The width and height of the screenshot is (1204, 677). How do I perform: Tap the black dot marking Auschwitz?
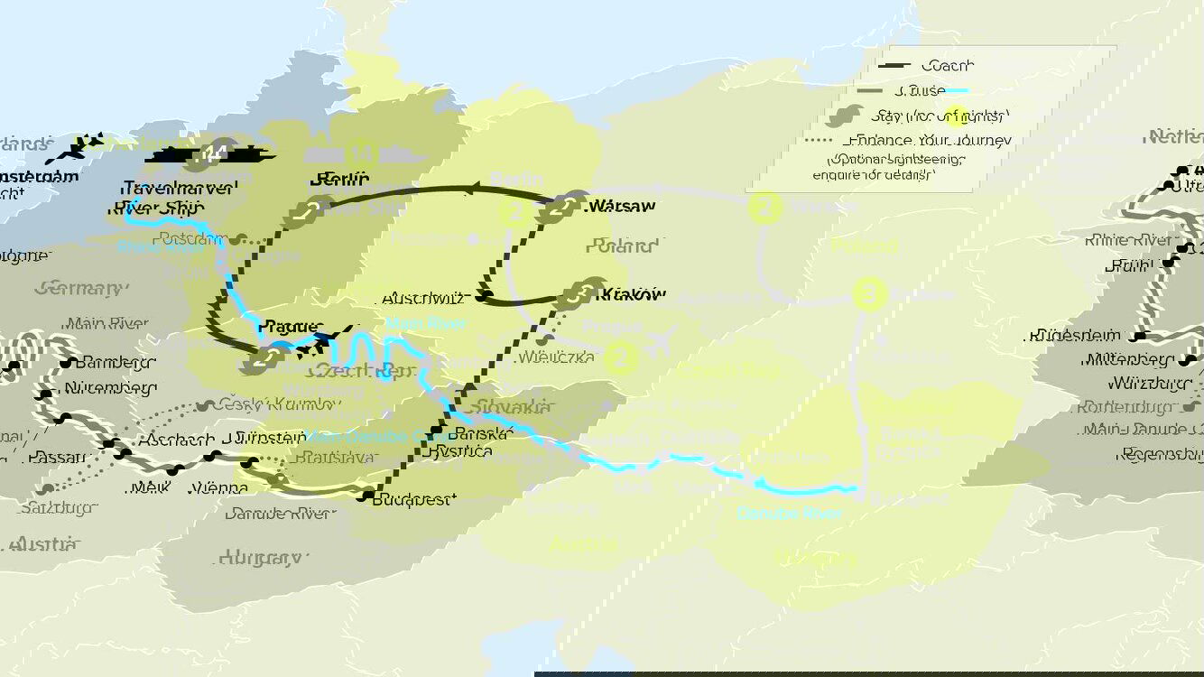pyautogui.click(x=486, y=296)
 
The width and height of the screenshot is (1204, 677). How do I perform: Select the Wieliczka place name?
pyautogui.click(x=556, y=357)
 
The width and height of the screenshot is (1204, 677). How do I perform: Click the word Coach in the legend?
pyautogui.click(x=947, y=65)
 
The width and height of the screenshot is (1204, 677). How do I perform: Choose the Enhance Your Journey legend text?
pyautogui.click(x=928, y=140)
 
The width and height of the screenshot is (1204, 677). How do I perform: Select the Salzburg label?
pyautogui.click(x=56, y=507)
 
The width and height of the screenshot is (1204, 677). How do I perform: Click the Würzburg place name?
pyautogui.click(x=1144, y=383)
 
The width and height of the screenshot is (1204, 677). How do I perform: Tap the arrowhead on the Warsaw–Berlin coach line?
pyautogui.click(x=472, y=189)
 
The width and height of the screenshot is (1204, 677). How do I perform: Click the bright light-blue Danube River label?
pyautogui.click(x=789, y=514)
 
